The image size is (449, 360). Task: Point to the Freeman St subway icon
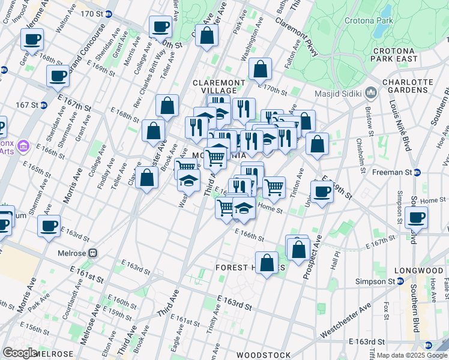click(x=417, y=172)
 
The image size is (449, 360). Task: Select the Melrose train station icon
click(x=93, y=253)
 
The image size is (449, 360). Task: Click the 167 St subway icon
click(x=44, y=105)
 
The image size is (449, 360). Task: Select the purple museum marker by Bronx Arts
click(x=23, y=146)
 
